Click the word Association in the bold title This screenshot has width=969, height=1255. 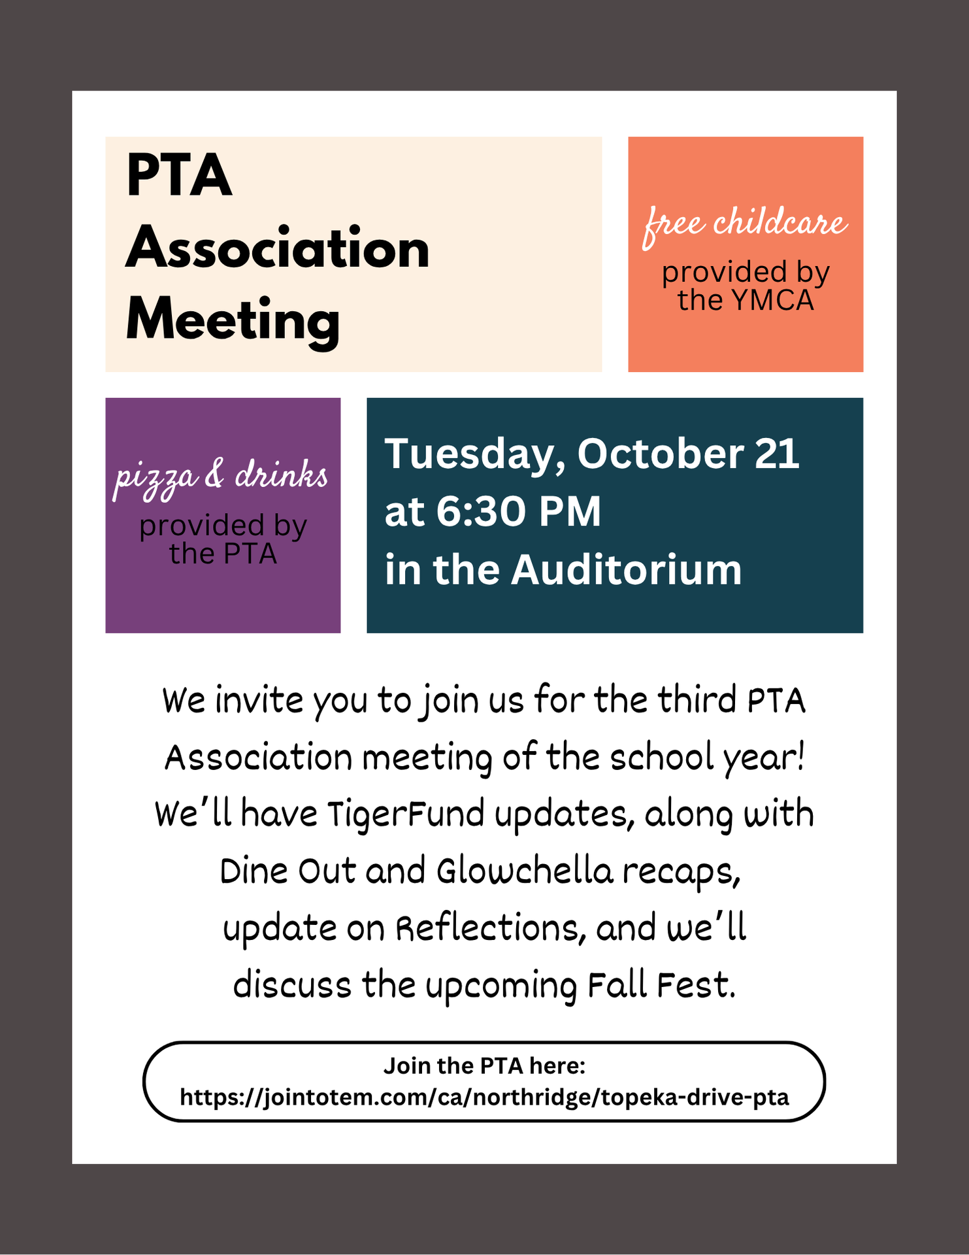pyautogui.click(x=278, y=248)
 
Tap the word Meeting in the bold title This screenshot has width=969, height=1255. pyautogui.click(x=233, y=320)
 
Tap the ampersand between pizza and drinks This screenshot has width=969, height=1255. pyautogui.click(x=214, y=475)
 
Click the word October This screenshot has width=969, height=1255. pyautogui.click(x=660, y=454)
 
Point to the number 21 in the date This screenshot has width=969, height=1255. pyautogui.click(x=777, y=454)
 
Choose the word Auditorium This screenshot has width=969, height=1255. pyautogui.click(x=626, y=570)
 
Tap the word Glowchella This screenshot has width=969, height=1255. pyautogui.click(x=525, y=872)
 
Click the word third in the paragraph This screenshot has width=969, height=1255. pyautogui.click(x=697, y=701)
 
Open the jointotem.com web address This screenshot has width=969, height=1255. pyautogui.click(x=484, y=1097)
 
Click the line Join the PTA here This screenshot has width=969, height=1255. pyautogui.click(x=484, y=1066)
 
